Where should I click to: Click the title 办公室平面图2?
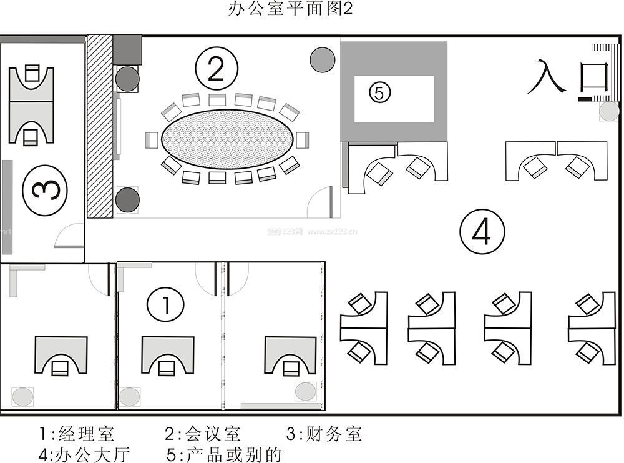[x=291, y=10]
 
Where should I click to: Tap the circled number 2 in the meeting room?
[x=215, y=69]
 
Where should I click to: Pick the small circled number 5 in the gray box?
[x=379, y=92]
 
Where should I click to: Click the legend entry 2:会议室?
[x=203, y=434]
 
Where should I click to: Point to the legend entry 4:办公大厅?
[x=84, y=454]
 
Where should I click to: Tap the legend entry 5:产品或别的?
[x=225, y=454]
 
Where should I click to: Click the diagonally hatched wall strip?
[x=99, y=125]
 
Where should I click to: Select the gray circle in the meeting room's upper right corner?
[x=323, y=59]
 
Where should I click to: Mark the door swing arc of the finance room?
[x=64, y=237]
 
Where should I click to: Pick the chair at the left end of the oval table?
[x=150, y=140]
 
